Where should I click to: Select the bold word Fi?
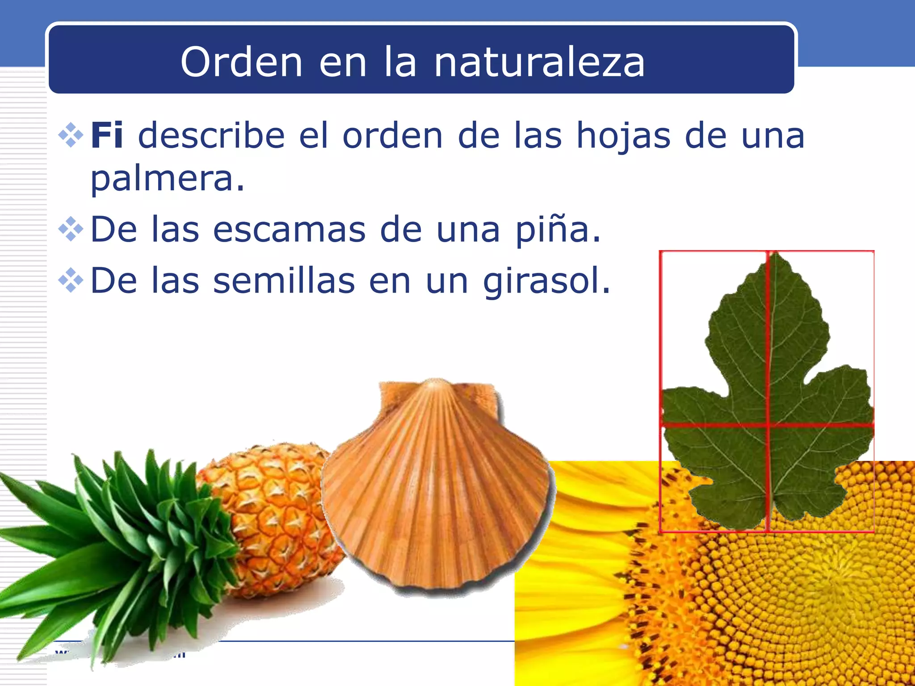[x=107, y=135]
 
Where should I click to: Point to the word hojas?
[x=624, y=136]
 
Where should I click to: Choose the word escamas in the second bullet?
[x=289, y=230]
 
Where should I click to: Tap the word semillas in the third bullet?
[x=284, y=281]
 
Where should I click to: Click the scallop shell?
[x=438, y=487]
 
